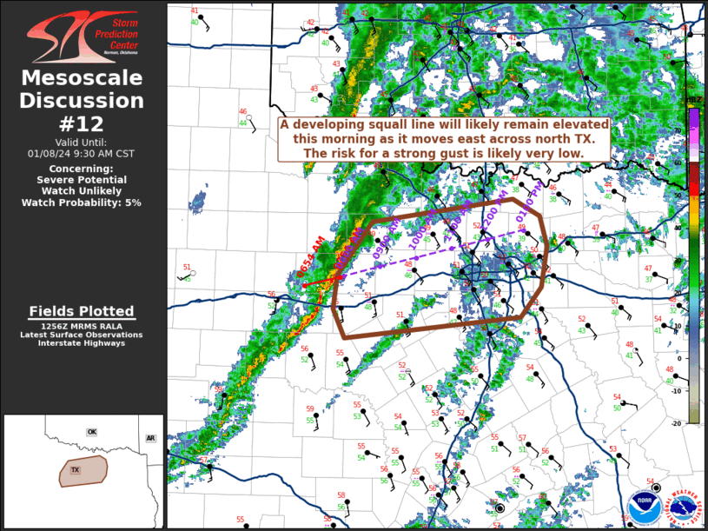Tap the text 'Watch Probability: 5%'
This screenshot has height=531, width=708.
(x=83, y=202)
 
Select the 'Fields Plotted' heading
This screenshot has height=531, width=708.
(x=82, y=311)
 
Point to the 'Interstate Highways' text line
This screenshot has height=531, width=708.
(x=82, y=343)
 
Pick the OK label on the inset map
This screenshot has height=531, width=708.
(x=91, y=432)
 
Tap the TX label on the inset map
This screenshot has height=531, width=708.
(x=76, y=470)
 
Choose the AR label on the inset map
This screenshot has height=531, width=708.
(x=150, y=439)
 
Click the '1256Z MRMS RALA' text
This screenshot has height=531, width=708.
(x=82, y=327)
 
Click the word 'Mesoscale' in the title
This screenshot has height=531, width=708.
(x=83, y=78)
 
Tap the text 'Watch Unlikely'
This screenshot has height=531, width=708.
(x=83, y=190)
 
